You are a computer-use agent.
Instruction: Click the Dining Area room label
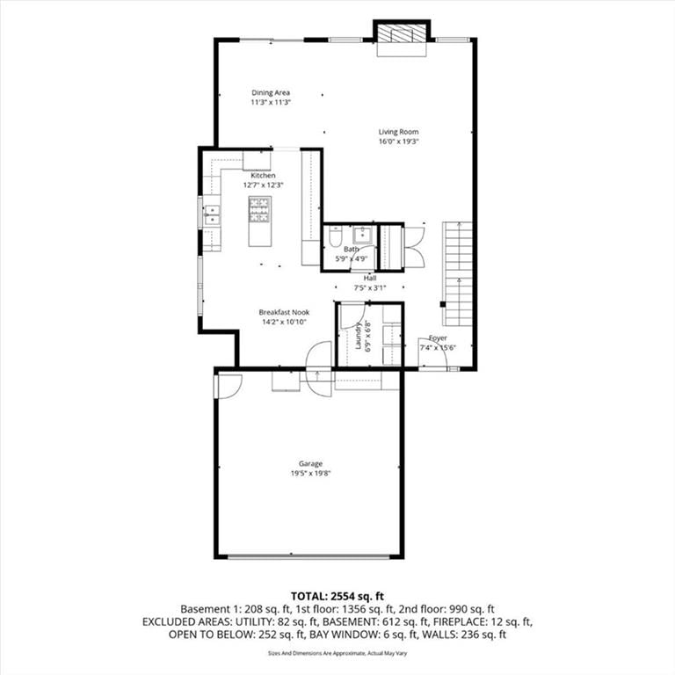[271, 92]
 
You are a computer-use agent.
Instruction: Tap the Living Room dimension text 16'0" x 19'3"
[399, 142]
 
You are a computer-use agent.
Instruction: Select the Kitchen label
[263, 176]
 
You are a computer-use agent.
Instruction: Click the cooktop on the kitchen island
[260, 210]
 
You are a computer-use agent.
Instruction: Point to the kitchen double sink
[211, 214]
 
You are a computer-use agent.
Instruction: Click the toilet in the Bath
[335, 237]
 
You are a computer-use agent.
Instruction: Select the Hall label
[370, 278]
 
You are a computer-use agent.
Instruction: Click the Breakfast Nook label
[284, 312]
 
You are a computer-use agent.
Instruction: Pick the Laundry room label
[359, 337]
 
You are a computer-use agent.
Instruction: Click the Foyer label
[438, 337]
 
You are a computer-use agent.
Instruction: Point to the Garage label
[311, 464]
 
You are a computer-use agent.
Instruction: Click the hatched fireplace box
[402, 33]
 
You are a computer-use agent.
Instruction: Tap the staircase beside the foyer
[458, 274]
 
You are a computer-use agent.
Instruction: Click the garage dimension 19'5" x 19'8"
[311, 474]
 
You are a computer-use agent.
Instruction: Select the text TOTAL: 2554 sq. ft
[337, 596]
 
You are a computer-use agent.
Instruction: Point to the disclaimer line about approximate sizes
[337, 653]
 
